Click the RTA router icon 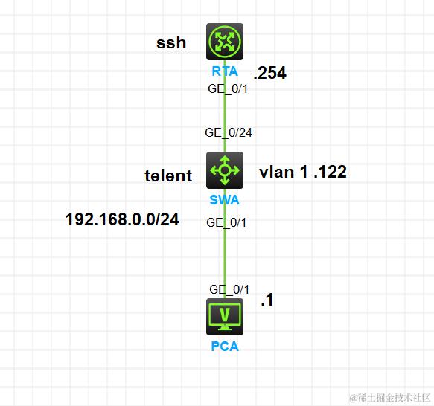click(225, 42)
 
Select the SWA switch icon click(225, 170)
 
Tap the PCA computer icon click(225, 317)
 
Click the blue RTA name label click(225, 71)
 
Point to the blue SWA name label click(225, 200)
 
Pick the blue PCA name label click(225, 347)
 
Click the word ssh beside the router click(171, 42)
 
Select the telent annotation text click(168, 175)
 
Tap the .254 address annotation click(270, 73)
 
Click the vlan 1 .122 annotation click(303, 172)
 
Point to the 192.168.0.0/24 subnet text click(122, 219)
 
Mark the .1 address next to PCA click(267, 300)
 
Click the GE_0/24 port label click(229, 132)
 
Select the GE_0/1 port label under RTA click(228, 88)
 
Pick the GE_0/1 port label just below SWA click(226, 222)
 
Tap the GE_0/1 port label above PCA click(229, 289)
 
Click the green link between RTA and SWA click(225, 106)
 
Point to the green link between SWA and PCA click(225, 243)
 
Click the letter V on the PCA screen click(225, 315)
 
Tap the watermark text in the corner click(390, 398)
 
